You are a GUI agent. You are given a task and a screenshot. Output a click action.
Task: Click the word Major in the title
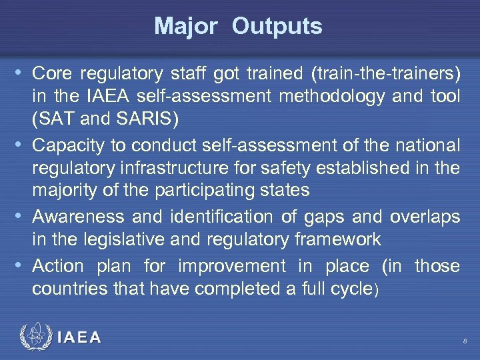tap(185, 27)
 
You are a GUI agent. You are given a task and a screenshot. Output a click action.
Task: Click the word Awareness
tap(78, 217)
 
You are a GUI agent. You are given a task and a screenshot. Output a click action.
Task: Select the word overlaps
tap(425, 217)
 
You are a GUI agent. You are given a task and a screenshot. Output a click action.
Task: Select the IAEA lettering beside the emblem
tap(79, 337)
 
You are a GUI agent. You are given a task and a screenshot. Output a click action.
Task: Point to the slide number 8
tap(465, 341)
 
